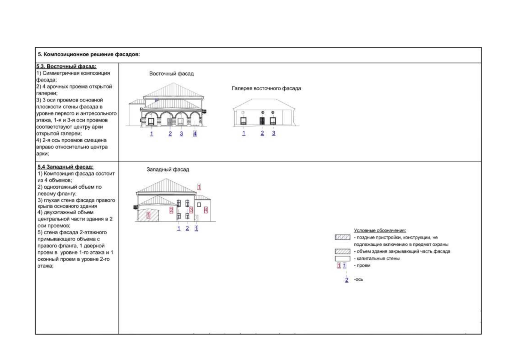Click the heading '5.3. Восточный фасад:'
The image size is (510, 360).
tap(66, 66)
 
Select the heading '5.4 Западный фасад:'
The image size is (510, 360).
tap(65, 167)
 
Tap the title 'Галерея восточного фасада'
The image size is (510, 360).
tap(266, 88)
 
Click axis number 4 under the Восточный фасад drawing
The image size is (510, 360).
tap(195, 133)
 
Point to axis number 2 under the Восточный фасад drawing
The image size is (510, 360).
tap(170, 133)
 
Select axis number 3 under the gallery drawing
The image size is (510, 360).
tap(273, 133)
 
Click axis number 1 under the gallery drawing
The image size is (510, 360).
tap(244, 133)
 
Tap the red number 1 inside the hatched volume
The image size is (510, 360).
tap(148, 215)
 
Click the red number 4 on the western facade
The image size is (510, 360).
tap(206, 210)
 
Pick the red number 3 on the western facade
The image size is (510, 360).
tap(191, 210)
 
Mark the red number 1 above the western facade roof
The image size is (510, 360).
tap(199, 187)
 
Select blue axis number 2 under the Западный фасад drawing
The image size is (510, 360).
tap(187, 228)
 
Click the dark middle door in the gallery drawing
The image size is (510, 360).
tap(262, 121)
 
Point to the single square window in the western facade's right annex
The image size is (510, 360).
tap(199, 205)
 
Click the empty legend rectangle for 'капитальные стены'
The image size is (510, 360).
tap(342, 258)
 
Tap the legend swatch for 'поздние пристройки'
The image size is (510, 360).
tap(342, 238)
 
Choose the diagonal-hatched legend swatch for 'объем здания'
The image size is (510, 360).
tap(342, 251)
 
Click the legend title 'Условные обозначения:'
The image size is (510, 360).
tap(380, 230)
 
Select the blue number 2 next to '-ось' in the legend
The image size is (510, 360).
tap(347, 280)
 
